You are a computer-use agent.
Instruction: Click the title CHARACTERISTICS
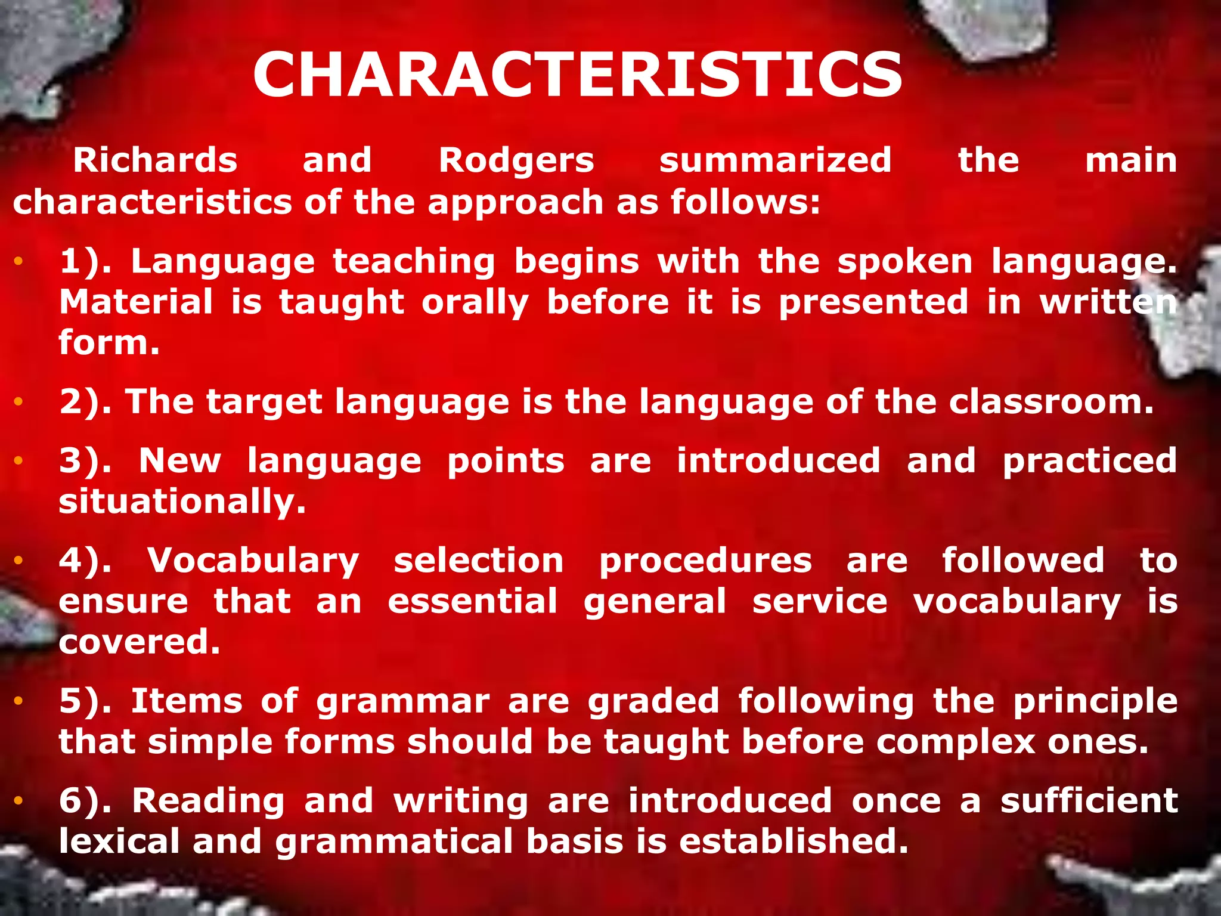tap(577, 75)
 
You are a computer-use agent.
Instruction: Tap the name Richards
tap(155, 160)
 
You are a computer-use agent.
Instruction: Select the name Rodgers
tap(516, 160)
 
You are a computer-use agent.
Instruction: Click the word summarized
tap(775, 160)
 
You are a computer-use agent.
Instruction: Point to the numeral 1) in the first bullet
tap(84, 262)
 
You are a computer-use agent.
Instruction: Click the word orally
tap(475, 302)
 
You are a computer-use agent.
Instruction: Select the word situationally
tap(182, 501)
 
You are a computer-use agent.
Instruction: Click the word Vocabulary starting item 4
tap(253, 561)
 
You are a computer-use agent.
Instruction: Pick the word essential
tap(472, 601)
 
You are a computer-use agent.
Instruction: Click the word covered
tap(140, 642)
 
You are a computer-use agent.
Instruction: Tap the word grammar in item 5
tap(403, 701)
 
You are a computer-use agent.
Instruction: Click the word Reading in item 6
tap(208, 800)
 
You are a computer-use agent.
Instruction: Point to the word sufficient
tap(1089, 800)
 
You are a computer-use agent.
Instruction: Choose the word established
tap(793, 841)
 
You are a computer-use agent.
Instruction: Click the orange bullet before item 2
tap(18, 402)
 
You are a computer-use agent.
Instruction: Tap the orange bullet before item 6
tap(18, 801)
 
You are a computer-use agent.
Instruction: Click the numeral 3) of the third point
tap(84, 461)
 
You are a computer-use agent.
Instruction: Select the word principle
tap(1095, 701)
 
